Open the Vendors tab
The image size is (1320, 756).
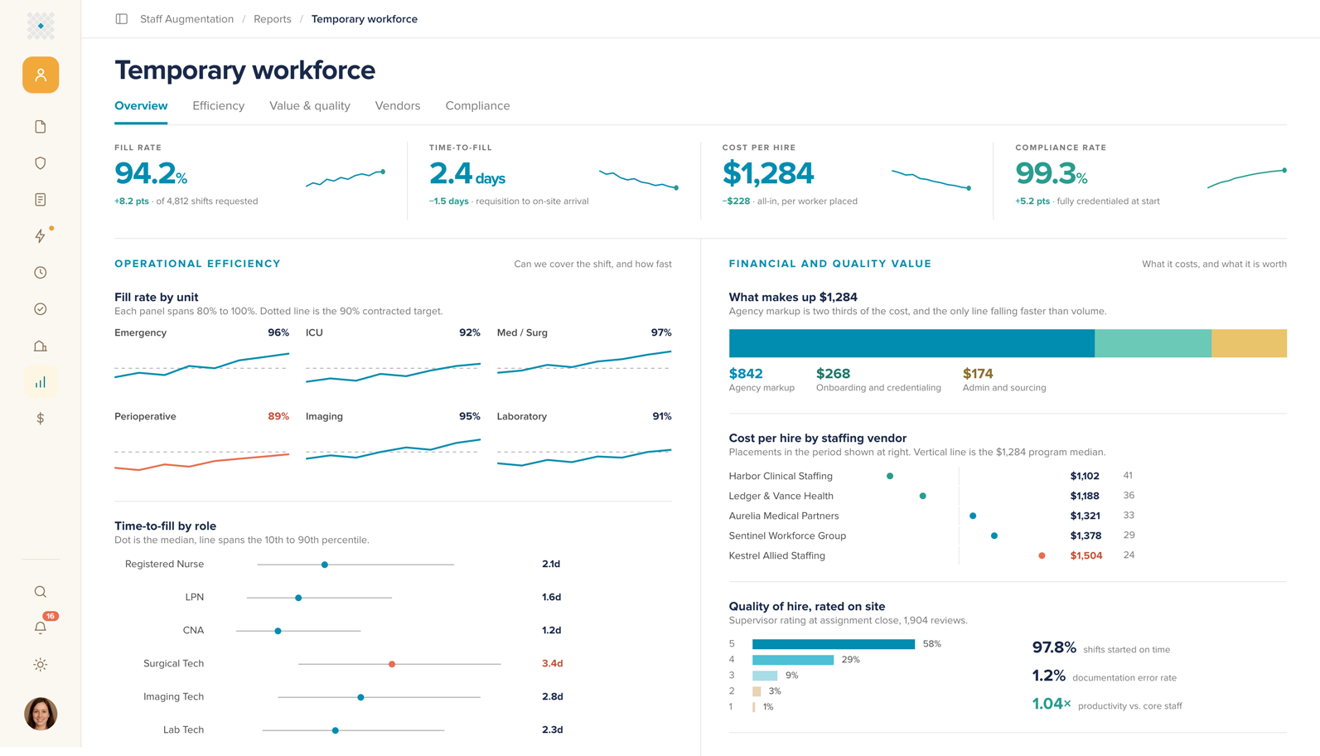pyautogui.click(x=398, y=105)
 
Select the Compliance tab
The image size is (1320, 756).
pyautogui.click(x=477, y=105)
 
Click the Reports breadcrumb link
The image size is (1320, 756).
pyautogui.click(x=273, y=19)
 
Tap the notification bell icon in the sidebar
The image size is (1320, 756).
pyautogui.click(x=40, y=628)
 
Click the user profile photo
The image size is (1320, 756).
pyautogui.click(x=41, y=714)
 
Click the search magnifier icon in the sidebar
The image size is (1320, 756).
pyautogui.click(x=40, y=592)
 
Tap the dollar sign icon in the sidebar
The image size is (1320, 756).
pyautogui.click(x=40, y=419)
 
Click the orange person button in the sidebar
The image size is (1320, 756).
pyautogui.click(x=41, y=75)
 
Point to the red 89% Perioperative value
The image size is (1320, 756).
pyautogui.click(x=278, y=416)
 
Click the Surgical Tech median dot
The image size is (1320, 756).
pyautogui.click(x=392, y=664)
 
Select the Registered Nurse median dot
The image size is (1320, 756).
pyautogui.click(x=325, y=565)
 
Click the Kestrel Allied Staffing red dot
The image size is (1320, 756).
pyautogui.click(x=1042, y=555)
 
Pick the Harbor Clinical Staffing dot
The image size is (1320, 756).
pyautogui.click(x=890, y=476)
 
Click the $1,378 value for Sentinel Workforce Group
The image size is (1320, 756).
pyautogui.click(x=1085, y=535)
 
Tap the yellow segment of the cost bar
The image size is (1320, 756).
pyautogui.click(x=1250, y=343)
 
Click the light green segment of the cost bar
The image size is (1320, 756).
pyautogui.click(x=1153, y=343)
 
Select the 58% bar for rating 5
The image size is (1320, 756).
pyautogui.click(x=834, y=644)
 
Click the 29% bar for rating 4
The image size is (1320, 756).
pyautogui.click(x=793, y=659)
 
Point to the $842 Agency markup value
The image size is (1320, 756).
pyautogui.click(x=746, y=373)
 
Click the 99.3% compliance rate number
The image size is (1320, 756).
pyautogui.click(x=1052, y=173)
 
